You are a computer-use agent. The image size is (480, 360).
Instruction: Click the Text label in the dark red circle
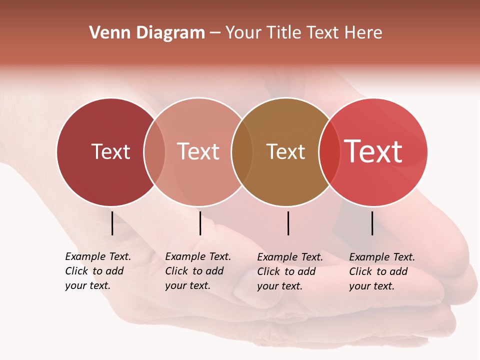point(110,151)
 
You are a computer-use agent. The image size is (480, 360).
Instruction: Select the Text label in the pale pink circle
point(198,151)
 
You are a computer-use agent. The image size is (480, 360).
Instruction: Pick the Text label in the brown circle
point(285,151)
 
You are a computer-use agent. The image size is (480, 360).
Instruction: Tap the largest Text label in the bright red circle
point(373,151)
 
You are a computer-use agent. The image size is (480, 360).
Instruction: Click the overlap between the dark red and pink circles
point(154,152)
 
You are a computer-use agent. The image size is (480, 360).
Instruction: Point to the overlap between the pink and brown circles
point(242,152)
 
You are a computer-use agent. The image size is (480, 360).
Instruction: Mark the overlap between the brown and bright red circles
point(329,152)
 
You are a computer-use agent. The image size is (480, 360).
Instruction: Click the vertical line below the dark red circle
point(112,223)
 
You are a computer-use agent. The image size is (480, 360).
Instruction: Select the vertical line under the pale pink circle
point(200,223)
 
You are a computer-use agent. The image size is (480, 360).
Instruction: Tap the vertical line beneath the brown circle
point(288,223)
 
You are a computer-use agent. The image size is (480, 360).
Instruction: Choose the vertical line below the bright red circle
point(372,223)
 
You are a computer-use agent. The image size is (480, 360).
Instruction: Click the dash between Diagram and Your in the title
point(215,33)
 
